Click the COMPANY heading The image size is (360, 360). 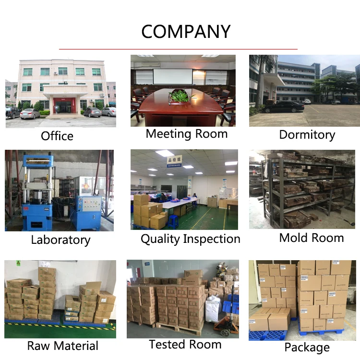point(186,32)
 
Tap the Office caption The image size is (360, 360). point(57,136)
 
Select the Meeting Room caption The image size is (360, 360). point(187,134)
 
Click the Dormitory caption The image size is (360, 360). point(307,135)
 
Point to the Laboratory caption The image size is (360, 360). point(60,240)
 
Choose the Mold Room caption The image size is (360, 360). point(312,238)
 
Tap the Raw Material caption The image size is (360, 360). point(63,346)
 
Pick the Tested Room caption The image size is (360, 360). point(185,344)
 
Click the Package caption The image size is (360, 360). point(307,348)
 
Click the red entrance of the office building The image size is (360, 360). point(61,105)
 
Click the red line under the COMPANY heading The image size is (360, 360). point(178,48)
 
